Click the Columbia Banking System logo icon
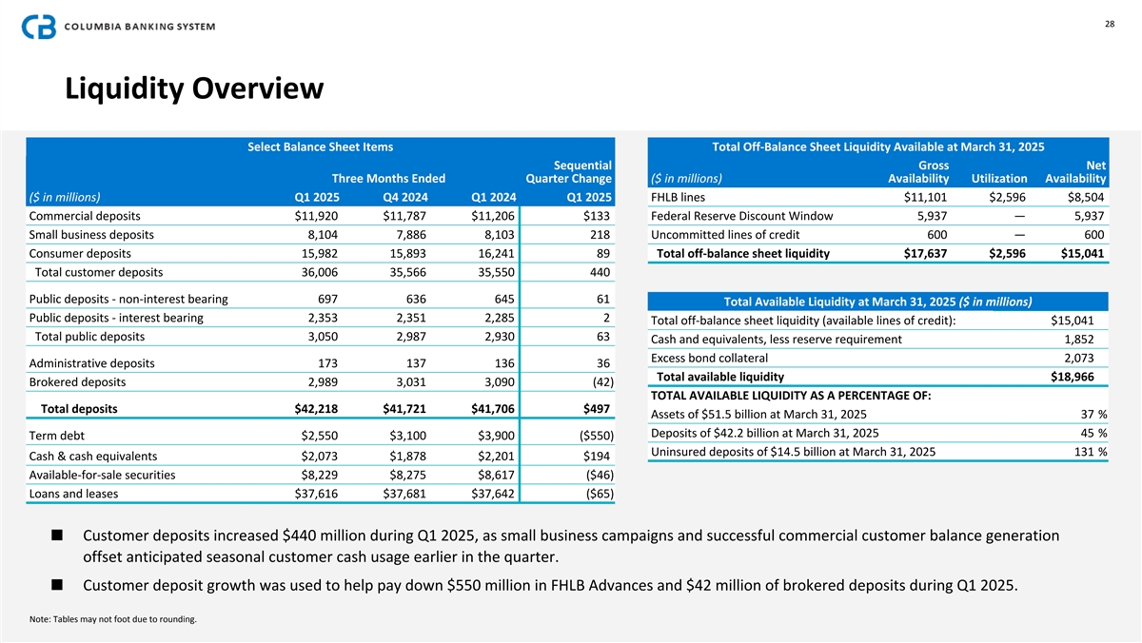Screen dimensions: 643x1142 [x=39, y=27]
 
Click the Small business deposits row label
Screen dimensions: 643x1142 [x=91, y=234]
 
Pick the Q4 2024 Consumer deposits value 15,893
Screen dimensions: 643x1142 [x=411, y=254]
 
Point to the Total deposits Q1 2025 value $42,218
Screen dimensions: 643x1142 [x=318, y=409]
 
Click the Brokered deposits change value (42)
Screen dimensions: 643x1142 [x=597, y=382]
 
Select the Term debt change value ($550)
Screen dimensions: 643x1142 [x=591, y=436]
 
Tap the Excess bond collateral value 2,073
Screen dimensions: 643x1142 [x=1078, y=358]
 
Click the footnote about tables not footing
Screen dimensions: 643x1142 [x=113, y=620]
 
